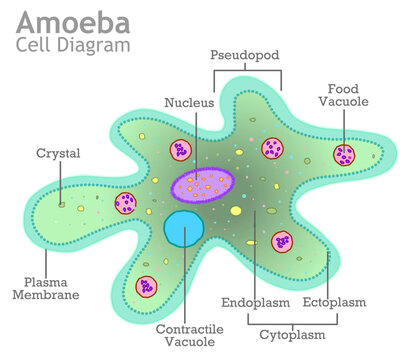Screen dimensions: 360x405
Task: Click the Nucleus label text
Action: [x=189, y=101]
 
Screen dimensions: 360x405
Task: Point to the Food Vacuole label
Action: [x=345, y=94]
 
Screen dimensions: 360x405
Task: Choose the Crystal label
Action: [x=58, y=153]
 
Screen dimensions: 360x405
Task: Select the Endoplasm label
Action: [x=255, y=302]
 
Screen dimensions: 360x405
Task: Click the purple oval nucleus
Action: [x=202, y=184]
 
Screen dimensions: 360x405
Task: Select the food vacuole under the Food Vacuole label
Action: [x=345, y=155]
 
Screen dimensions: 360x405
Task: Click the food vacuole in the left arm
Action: [x=126, y=203]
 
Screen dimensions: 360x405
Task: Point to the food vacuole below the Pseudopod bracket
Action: [x=272, y=150]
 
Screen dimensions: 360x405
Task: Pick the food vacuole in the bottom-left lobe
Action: [x=146, y=286]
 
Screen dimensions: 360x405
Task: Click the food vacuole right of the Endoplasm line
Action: [x=283, y=241]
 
